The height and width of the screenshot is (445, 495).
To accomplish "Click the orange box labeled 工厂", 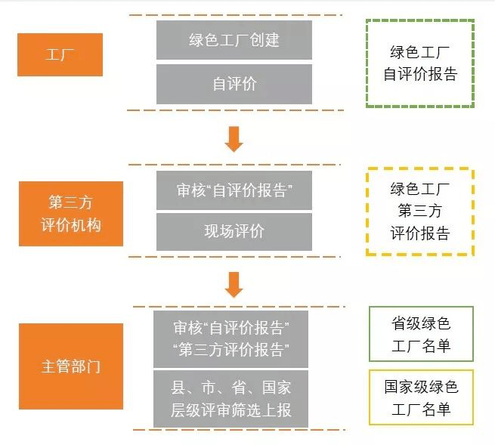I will (x=60, y=54).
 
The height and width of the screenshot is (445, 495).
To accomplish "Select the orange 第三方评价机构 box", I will (x=71, y=214).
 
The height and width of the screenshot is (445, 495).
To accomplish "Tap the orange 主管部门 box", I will (x=71, y=367).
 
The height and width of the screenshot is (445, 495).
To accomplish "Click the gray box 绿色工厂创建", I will (x=234, y=39).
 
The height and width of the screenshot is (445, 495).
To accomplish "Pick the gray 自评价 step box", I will (x=234, y=84).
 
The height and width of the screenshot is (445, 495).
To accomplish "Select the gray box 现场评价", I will (x=234, y=231).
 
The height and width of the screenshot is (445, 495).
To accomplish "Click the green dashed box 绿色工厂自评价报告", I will (x=420, y=63).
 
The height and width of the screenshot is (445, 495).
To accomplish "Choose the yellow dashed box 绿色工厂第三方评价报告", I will (x=420, y=212).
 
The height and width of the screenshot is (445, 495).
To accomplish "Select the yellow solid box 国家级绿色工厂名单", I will (x=421, y=398).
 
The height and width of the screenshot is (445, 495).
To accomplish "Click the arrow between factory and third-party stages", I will (x=234, y=138).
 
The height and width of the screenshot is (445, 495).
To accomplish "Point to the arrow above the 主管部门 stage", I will (x=234, y=284).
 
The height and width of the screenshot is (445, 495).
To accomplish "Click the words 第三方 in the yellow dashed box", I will (x=420, y=212).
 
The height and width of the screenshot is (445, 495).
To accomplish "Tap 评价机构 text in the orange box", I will (x=71, y=225).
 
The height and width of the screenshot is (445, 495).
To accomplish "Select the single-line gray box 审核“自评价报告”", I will (x=234, y=190).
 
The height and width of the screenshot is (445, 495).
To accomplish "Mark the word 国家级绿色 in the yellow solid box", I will (x=421, y=388).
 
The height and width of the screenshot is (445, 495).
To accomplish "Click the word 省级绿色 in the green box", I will (x=421, y=325).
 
